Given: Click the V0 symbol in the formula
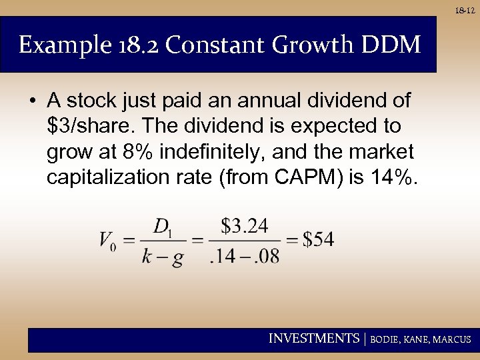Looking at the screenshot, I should tap(109, 241).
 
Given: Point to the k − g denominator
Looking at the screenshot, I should tap(163, 257).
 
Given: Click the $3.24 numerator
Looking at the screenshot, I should tap(245, 227).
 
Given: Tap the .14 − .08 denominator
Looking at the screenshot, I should tap(245, 256).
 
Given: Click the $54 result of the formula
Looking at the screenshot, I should tap(319, 241).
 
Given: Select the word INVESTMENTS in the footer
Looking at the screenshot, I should tap(313, 339).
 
